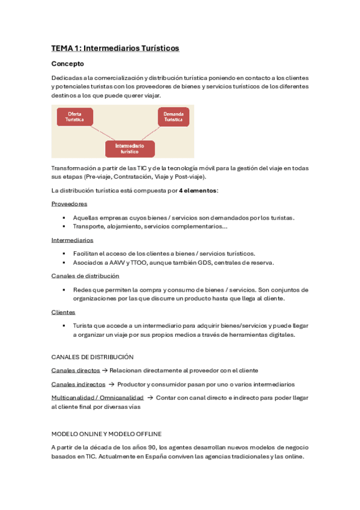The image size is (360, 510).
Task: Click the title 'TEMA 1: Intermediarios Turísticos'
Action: pos(115,48)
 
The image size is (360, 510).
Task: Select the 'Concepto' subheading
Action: pos(67,63)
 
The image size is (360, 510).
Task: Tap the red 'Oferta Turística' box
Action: pos(75,117)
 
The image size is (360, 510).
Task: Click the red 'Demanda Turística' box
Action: pos(173,117)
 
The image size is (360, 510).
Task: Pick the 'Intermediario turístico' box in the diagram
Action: pos(130,149)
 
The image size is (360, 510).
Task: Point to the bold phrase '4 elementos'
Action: pos(198,191)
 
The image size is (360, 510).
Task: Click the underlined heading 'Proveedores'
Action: pos(69,204)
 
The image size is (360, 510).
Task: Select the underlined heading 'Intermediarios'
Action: pos(72,240)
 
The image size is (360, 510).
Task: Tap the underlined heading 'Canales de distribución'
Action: pos(85,275)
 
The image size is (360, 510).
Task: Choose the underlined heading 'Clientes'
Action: pos(63,312)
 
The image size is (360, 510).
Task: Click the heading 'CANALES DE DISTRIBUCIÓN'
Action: pos(93,357)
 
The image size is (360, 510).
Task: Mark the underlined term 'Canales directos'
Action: pos(76,370)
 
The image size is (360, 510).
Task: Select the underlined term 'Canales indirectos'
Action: pos(78,384)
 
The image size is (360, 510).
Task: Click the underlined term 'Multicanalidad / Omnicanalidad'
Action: pos(97,398)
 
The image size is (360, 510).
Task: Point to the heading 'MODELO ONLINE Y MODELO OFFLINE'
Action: pos(106,434)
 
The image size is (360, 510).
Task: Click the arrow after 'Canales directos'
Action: pos(105,370)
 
